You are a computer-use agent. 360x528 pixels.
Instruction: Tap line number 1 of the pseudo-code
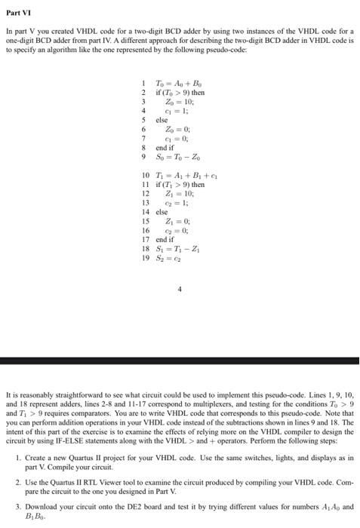tap(142, 82)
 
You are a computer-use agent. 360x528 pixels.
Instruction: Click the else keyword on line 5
tap(162, 119)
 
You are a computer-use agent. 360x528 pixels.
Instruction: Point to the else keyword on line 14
tap(162, 212)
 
